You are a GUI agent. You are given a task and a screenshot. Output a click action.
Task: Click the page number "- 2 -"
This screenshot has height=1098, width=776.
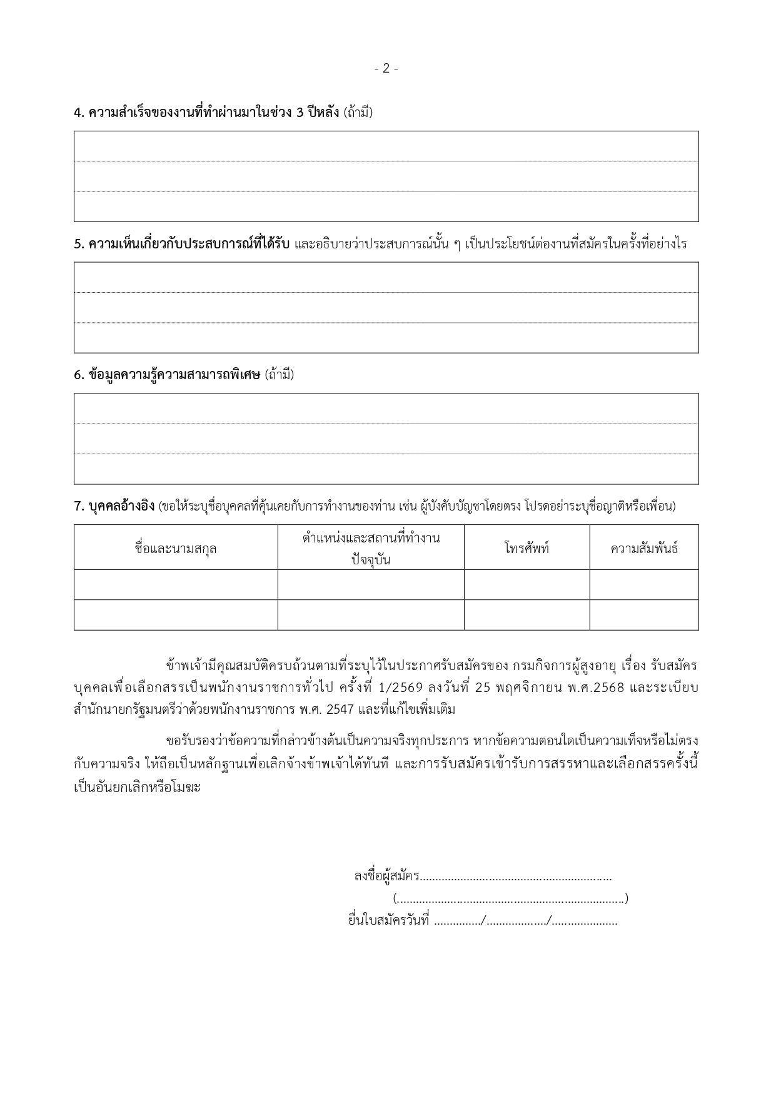[x=386, y=69]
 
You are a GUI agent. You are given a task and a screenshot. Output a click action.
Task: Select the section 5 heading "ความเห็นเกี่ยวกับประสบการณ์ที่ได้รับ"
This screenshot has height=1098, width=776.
[x=181, y=244]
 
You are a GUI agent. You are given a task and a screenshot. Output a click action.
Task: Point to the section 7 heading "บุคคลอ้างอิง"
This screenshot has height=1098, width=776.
[x=114, y=506]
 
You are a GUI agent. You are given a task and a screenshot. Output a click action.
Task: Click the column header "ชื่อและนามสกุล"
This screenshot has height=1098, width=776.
[x=176, y=549]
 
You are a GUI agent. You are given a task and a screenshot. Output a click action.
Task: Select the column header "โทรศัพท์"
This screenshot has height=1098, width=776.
[x=527, y=549]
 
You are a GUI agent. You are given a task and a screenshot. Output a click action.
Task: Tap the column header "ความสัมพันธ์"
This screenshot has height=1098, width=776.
[x=644, y=549]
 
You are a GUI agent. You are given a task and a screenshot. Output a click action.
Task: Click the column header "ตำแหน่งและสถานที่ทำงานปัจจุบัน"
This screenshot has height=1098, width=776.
[x=371, y=548]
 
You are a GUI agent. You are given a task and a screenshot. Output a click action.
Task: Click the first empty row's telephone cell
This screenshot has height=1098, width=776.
[x=527, y=584]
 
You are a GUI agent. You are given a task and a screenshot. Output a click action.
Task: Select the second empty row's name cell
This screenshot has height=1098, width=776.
[x=176, y=614]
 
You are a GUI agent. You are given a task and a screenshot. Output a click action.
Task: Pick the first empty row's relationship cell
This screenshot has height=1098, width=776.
[x=644, y=584]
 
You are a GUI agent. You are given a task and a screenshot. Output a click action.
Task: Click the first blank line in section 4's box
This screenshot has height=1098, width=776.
[x=386, y=146]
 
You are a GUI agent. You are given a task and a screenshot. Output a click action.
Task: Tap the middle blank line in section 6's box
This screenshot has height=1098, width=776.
[x=386, y=439]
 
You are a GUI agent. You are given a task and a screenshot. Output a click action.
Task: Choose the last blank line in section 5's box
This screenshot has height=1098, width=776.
[x=386, y=338]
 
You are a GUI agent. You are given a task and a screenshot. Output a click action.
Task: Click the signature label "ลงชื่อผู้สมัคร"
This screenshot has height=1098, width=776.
[x=386, y=876]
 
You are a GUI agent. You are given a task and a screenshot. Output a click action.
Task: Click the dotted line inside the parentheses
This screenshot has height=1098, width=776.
[x=511, y=899]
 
